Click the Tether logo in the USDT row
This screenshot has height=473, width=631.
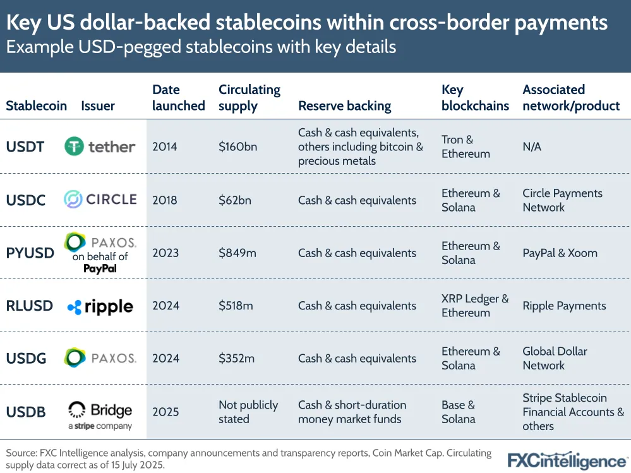pyautogui.click(x=100, y=147)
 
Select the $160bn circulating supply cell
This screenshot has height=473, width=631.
pyautogui.click(x=237, y=147)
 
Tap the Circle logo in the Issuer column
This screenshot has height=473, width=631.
pyautogui.click(x=100, y=200)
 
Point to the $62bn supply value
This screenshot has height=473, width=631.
pyautogui.click(x=234, y=200)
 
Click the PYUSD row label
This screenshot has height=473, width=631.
pyautogui.click(x=30, y=253)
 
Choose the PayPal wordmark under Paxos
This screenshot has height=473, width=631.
pyautogui.click(x=100, y=268)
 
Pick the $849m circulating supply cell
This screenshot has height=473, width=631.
pyautogui.click(x=237, y=253)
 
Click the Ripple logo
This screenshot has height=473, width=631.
pyautogui.click(x=100, y=306)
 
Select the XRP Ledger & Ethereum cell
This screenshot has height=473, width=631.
pyautogui.click(x=475, y=306)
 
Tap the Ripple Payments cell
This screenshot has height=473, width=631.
pyautogui.click(x=564, y=306)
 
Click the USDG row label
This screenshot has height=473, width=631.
pyautogui.click(x=26, y=358)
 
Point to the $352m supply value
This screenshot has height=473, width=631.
pyautogui.click(x=236, y=358)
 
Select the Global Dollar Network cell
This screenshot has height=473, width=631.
pyautogui.click(x=555, y=358)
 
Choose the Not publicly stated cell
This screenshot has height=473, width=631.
pyautogui.click(x=248, y=412)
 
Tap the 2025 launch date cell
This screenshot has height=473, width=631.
pyautogui.click(x=165, y=412)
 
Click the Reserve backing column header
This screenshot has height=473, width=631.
pyautogui.click(x=344, y=106)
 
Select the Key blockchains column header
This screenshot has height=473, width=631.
pyautogui.click(x=475, y=98)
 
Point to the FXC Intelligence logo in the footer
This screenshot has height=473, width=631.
pyautogui.click(x=567, y=460)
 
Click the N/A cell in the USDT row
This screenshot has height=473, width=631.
pyautogui.click(x=532, y=147)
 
